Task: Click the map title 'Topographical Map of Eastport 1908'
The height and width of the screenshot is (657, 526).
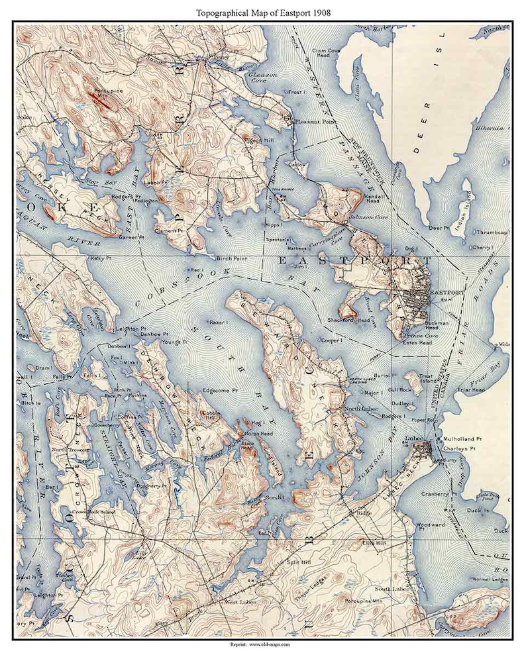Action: point(262,12)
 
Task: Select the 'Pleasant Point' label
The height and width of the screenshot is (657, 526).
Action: point(312,122)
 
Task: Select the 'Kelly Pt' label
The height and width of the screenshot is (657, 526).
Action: point(98,258)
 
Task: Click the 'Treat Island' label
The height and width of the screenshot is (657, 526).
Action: point(411,379)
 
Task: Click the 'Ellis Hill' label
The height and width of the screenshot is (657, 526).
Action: point(374,542)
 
